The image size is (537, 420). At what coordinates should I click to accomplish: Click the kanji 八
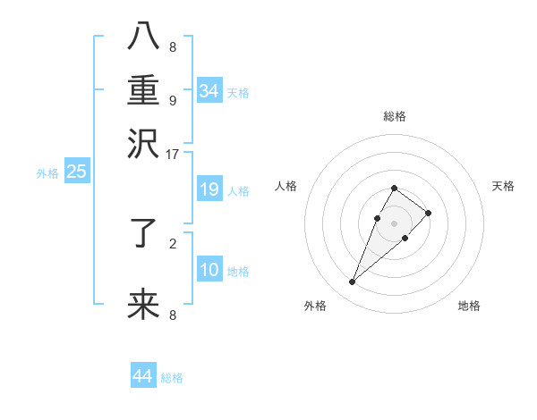pyautogui.click(x=143, y=37)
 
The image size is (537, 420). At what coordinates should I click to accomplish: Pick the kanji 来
pyautogui.click(x=143, y=305)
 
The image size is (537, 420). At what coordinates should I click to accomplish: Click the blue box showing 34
pyautogui.click(x=209, y=90)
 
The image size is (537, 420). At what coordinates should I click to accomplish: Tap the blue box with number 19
pyautogui.click(x=209, y=189)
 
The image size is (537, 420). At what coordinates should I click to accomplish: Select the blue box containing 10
pyautogui.click(x=209, y=269)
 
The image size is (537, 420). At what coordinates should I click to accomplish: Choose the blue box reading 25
pyautogui.click(x=77, y=172)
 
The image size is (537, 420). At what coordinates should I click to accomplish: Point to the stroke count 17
pyautogui.click(x=173, y=153)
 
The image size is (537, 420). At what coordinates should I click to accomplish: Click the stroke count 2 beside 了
pyautogui.click(x=173, y=241)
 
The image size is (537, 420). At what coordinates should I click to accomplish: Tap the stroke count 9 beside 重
pyautogui.click(x=173, y=100)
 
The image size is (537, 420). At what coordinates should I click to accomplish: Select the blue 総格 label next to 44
pyautogui.click(x=172, y=378)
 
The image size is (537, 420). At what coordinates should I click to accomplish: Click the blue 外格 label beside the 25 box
pyautogui.click(x=47, y=173)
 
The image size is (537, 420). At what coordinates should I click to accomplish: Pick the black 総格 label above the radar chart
pyautogui.click(x=394, y=116)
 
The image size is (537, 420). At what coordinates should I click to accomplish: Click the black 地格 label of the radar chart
pyautogui.click(x=469, y=306)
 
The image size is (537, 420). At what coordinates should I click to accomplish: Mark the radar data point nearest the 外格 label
pyautogui.click(x=352, y=282)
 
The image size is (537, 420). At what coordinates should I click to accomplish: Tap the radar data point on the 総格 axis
pyautogui.click(x=394, y=188)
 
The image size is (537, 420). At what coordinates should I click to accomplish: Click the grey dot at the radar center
pyautogui.click(x=394, y=222)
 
